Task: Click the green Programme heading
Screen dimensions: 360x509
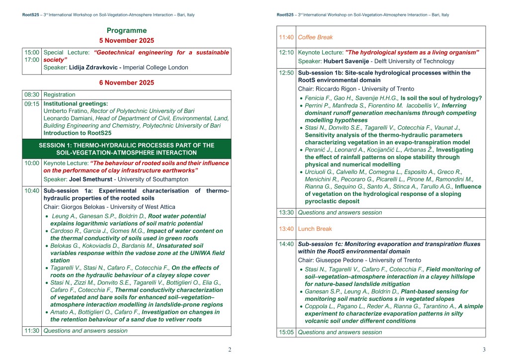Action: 127,31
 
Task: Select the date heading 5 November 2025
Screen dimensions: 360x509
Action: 127,41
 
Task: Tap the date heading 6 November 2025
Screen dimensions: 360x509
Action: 127,83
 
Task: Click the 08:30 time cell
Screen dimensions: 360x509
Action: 32,94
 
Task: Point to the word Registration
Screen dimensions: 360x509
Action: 60,94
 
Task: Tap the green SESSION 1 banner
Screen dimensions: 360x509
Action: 127,149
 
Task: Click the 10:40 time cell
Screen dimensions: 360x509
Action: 32,190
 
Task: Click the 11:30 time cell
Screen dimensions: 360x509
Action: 32,331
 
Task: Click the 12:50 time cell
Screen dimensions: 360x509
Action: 286,73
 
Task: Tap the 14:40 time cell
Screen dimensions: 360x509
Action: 286,244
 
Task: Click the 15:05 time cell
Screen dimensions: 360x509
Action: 286,332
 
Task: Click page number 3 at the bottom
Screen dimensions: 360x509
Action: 484,350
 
